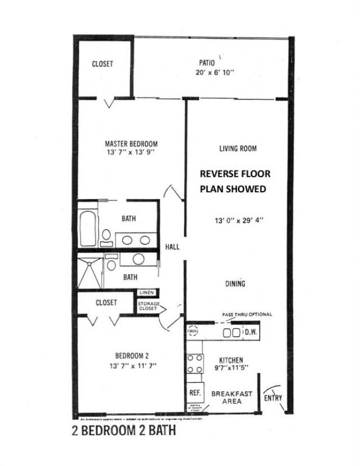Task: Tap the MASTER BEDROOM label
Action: (x=131, y=143)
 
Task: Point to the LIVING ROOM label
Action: (x=238, y=149)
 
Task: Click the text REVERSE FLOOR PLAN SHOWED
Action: (x=233, y=182)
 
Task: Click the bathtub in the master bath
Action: (x=89, y=228)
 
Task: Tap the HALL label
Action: (x=172, y=247)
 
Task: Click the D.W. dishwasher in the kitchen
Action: (x=250, y=332)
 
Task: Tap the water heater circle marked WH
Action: (x=193, y=332)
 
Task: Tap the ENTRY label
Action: (x=272, y=398)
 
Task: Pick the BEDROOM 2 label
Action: (x=131, y=355)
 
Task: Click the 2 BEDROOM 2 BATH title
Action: (x=124, y=432)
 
